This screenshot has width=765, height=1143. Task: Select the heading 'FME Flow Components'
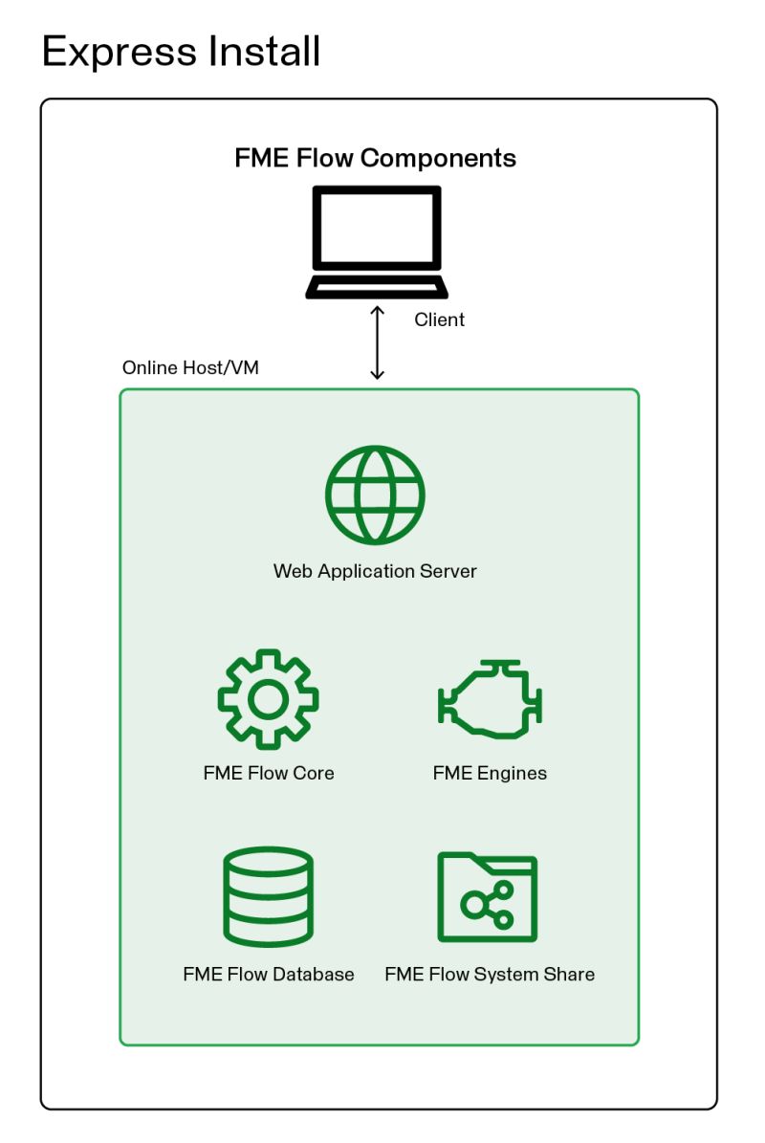tap(375, 158)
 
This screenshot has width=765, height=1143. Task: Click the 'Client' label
tap(439, 319)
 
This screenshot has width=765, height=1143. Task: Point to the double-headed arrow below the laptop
tap(377, 341)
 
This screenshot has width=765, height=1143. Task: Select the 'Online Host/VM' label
tap(190, 368)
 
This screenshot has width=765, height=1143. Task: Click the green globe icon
tap(375, 495)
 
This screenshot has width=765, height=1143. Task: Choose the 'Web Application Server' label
tap(375, 571)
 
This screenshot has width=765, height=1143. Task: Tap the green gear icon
tap(268, 699)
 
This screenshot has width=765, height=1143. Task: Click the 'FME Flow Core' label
tap(269, 773)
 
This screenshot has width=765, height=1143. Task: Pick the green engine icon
tap(490, 699)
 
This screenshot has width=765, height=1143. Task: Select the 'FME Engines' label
tap(490, 773)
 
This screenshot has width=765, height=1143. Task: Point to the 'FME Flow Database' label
tap(269, 974)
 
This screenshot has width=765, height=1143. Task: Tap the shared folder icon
tap(488, 896)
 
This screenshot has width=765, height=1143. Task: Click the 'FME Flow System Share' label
tap(490, 974)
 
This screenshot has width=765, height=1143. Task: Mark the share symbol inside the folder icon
tap(488, 905)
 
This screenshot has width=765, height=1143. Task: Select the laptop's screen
tap(377, 229)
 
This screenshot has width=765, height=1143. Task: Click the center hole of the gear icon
tap(268, 699)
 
